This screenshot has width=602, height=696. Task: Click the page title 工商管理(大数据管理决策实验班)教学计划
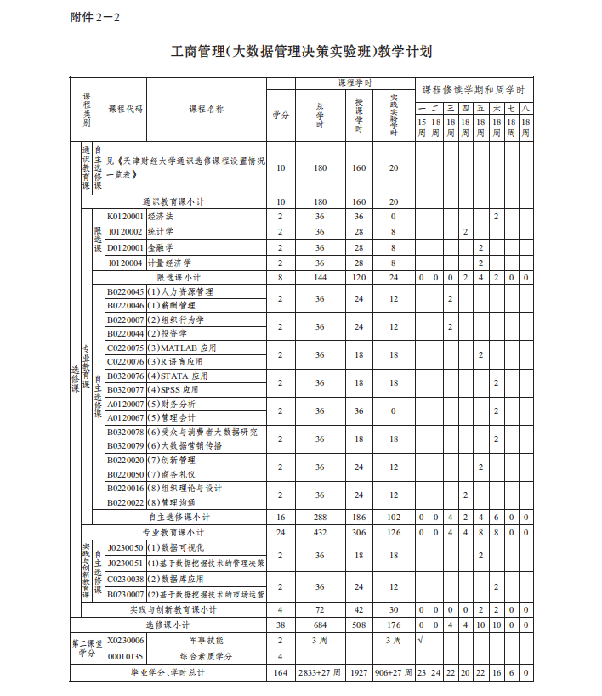(x=301, y=52)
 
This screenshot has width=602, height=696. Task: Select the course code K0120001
(x=125, y=217)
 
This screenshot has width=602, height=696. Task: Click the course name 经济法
(x=161, y=217)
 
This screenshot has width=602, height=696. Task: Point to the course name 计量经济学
(x=169, y=263)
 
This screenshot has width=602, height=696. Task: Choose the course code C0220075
(x=125, y=348)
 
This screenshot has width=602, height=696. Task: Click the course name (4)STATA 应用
(x=177, y=376)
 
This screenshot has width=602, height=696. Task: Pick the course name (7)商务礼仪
(x=172, y=473)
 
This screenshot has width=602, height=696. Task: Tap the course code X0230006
(x=125, y=640)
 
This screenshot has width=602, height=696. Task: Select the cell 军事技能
(x=206, y=640)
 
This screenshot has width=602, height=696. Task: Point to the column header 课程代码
(x=125, y=109)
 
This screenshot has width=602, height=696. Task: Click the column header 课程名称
(x=206, y=109)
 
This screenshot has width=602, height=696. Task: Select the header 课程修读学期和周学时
(x=474, y=89)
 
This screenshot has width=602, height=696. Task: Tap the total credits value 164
(x=281, y=672)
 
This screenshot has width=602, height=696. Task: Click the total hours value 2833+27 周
(x=320, y=672)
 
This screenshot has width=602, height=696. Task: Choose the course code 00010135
(x=125, y=656)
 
